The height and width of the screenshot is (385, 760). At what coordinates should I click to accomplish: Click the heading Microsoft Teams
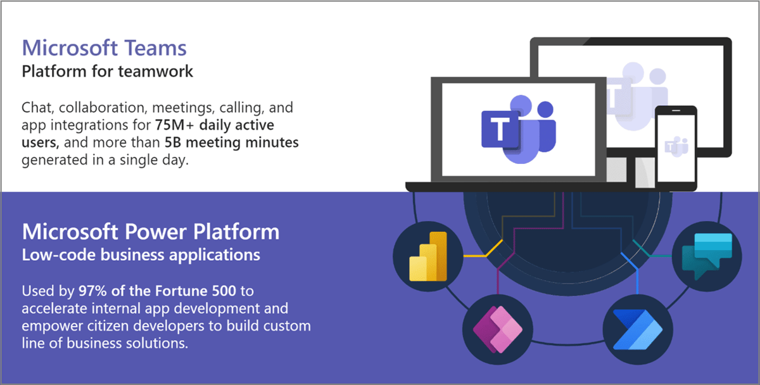(104, 47)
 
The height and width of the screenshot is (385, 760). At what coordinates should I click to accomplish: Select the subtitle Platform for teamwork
(108, 71)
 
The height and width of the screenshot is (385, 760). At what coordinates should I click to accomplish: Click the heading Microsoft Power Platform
(151, 232)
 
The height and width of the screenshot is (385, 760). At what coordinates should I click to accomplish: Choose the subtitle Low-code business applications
(141, 255)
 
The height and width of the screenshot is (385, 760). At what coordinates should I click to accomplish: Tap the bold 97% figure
(92, 291)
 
